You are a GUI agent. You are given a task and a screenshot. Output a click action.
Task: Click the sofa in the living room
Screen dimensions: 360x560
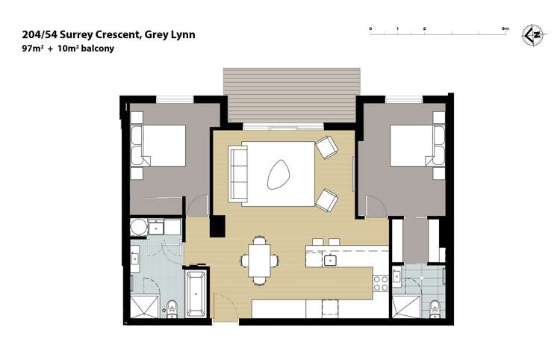point(238,174)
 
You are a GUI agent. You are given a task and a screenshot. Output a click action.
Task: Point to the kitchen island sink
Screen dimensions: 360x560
point(330,260)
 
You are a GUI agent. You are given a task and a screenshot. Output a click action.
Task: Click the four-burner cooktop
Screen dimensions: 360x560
point(379,282)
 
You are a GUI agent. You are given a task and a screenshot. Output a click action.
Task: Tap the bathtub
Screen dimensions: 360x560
point(196,294)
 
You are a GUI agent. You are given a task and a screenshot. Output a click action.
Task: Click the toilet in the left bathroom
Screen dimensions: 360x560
point(172,307)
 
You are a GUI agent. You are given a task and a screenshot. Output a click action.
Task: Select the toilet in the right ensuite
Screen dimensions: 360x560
point(434,306)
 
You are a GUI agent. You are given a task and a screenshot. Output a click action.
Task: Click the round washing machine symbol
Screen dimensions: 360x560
point(138,227)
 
